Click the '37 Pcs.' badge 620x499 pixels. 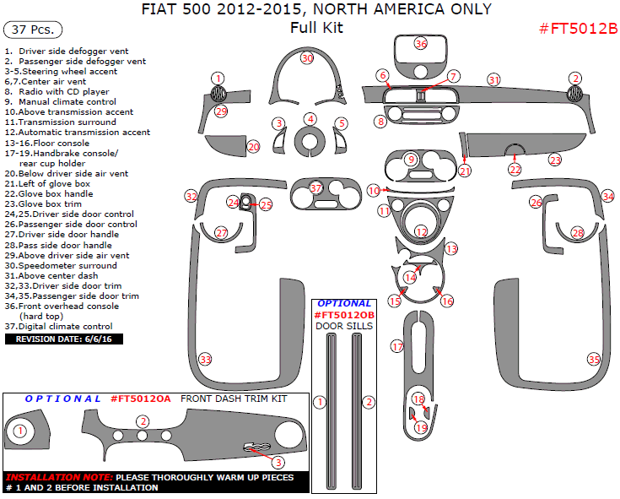point(33,30)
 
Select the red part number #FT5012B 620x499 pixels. point(578,28)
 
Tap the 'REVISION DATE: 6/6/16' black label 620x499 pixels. point(64,339)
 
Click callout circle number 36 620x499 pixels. point(420,44)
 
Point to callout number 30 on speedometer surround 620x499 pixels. point(307,58)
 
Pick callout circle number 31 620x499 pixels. point(493,79)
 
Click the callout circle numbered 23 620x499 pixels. point(554,159)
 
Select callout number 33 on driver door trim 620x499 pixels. point(205,359)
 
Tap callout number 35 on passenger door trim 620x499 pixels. point(594,359)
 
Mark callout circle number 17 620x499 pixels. point(396,346)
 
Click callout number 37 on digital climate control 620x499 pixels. point(315,187)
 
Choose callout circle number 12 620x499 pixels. point(420,231)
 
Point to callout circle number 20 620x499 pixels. point(253,147)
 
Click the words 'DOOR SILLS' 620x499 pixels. point(344,325)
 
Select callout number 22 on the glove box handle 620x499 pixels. point(515,169)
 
